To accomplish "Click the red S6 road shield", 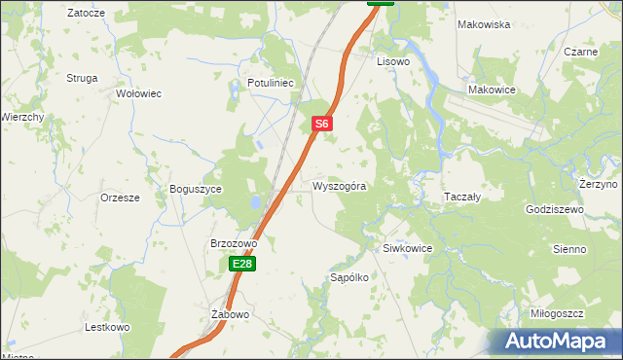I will coord(324,125).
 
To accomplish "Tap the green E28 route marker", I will coord(243,264).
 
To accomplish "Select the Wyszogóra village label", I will coord(340,186).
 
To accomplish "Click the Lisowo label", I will coord(394,60).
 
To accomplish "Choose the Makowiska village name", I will coord(484,24).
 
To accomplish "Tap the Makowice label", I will coord(492,90).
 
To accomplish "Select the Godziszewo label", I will coord(554,209).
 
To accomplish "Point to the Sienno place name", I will coord(569,249).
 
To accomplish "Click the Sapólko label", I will coord(349,277).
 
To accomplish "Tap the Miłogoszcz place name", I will coord(557,313).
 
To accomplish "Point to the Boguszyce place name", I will coord(196,189).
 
